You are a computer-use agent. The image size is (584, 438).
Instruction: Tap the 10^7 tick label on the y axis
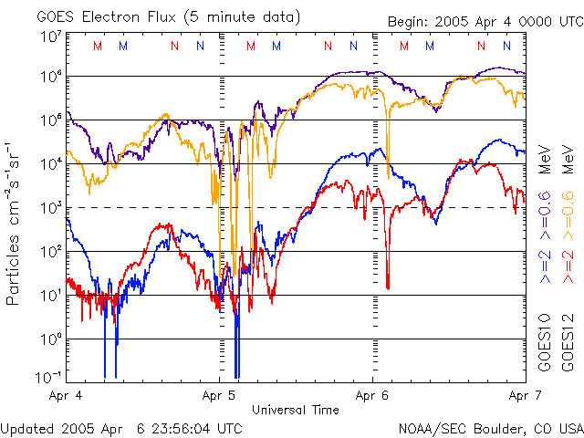click(50, 37)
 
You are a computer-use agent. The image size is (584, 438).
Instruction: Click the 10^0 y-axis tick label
click(50, 339)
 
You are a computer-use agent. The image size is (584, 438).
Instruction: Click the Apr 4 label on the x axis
click(66, 397)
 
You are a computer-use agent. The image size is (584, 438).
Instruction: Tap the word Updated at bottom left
click(28, 428)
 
